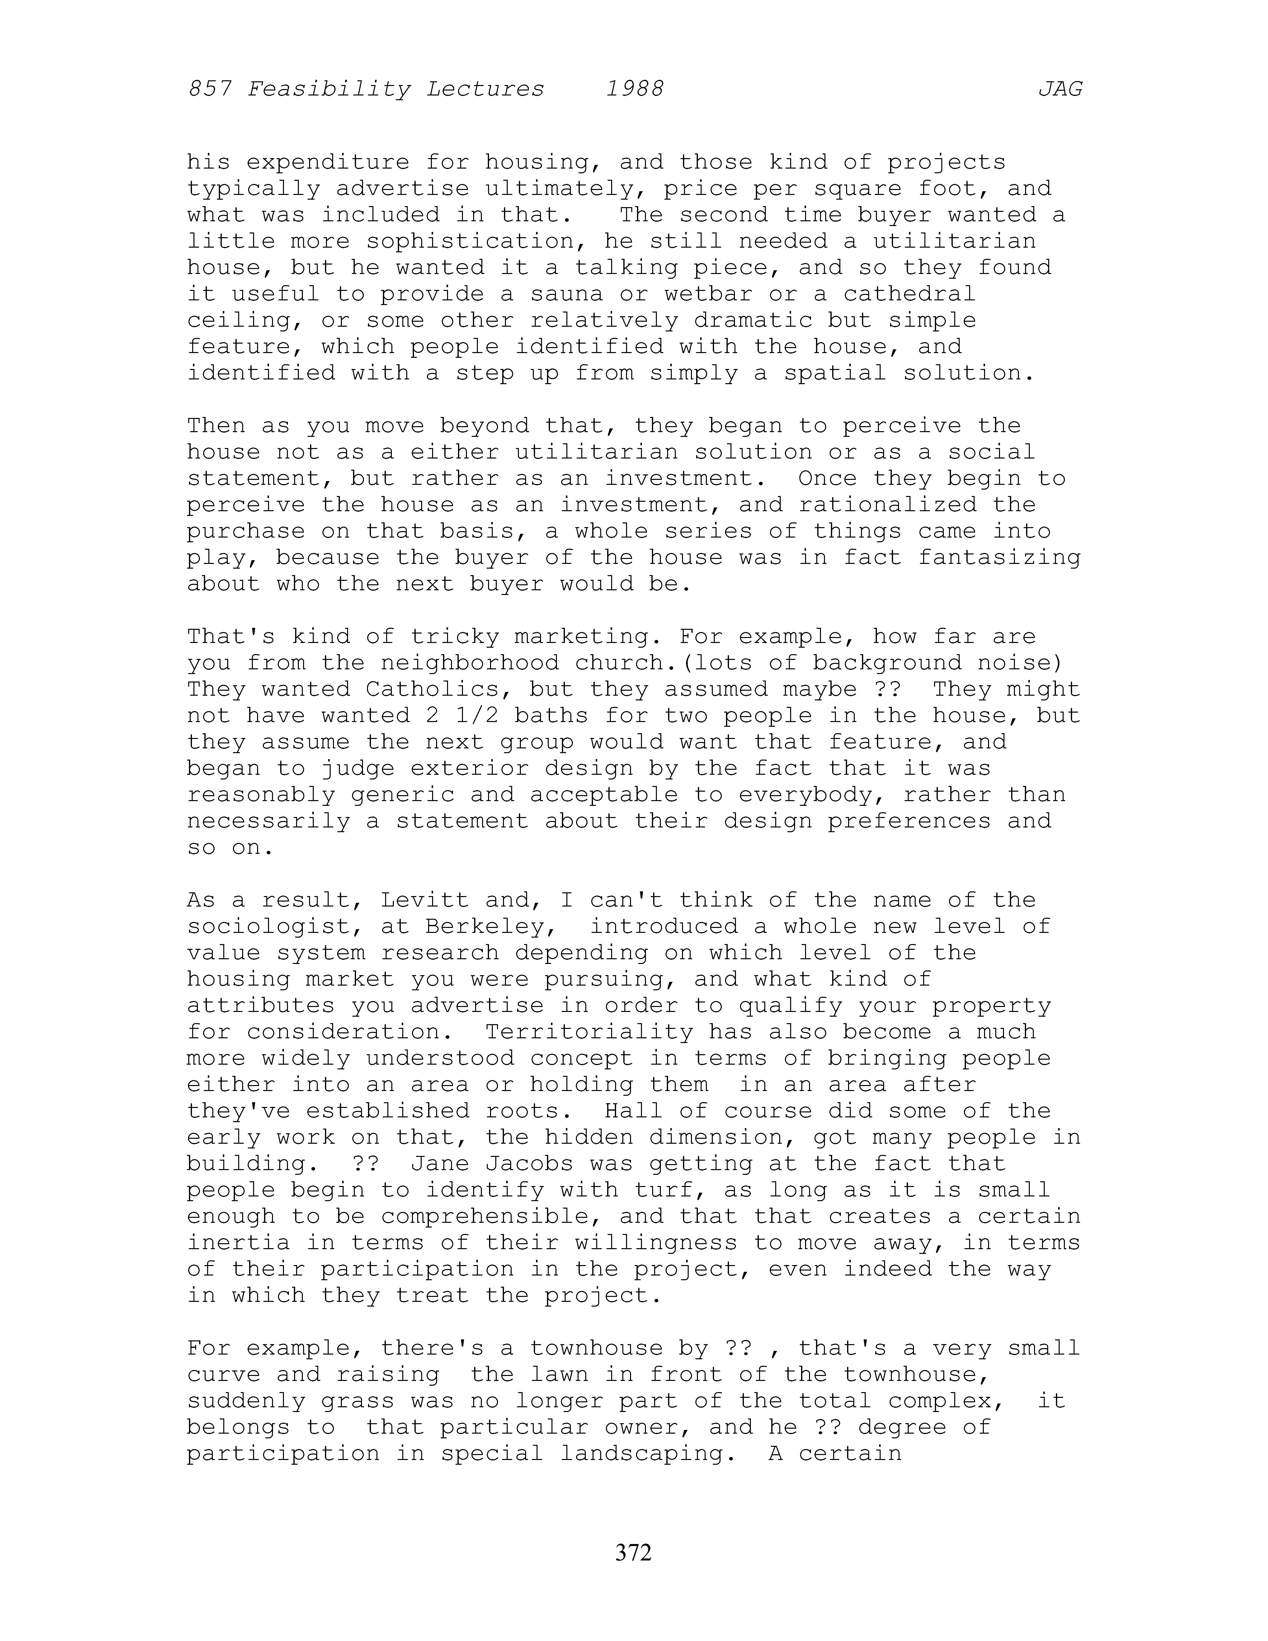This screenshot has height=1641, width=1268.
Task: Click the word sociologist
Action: pyautogui.click(x=269, y=926)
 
